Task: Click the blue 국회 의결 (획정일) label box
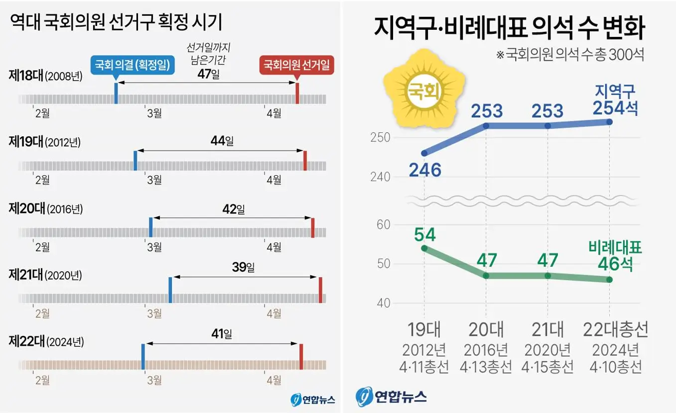coord(132,65)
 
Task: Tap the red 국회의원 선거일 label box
coord(297,65)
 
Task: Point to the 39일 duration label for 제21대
coord(243,268)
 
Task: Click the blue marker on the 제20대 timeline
coord(151,227)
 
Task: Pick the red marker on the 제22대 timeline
coord(301,356)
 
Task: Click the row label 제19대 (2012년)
coord(45,142)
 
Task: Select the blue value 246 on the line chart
coord(425,170)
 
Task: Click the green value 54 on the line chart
coord(424,234)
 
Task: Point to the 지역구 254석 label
coord(616,100)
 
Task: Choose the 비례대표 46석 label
coord(616,256)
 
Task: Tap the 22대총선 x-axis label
coord(616,329)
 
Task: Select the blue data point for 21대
coord(547,126)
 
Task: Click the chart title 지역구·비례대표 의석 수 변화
coord(509,28)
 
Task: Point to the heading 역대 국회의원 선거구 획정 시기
coord(116,23)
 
